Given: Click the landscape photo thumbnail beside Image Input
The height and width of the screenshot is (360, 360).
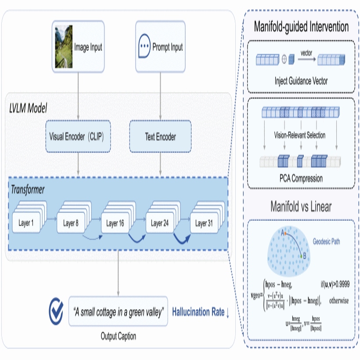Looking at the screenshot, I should click(x=63, y=47).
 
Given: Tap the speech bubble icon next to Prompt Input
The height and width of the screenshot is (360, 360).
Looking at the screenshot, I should click(x=144, y=47).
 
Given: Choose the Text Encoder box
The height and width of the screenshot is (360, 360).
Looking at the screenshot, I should click(x=160, y=137).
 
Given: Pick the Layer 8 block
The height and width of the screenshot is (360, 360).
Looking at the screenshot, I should click(x=71, y=223).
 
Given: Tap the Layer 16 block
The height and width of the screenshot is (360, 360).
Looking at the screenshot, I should click(x=115, y=223).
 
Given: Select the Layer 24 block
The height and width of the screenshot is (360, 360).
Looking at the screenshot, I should click(x=159, y=223).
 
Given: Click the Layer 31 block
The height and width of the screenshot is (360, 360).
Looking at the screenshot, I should click(x=204, y=223).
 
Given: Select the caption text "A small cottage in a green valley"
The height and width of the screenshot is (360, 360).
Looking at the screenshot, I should click(x=119, y=312).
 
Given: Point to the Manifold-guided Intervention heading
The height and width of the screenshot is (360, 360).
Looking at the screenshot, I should click(x=301, y=27).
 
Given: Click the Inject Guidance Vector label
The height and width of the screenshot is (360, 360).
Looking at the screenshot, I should click(x=301, y=81).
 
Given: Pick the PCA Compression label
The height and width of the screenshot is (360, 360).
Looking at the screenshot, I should click(x=301, y=179).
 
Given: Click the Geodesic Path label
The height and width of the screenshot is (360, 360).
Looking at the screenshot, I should click(x=327, y=241).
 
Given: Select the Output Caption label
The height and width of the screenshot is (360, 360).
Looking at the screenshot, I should click(x=119, y=337).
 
